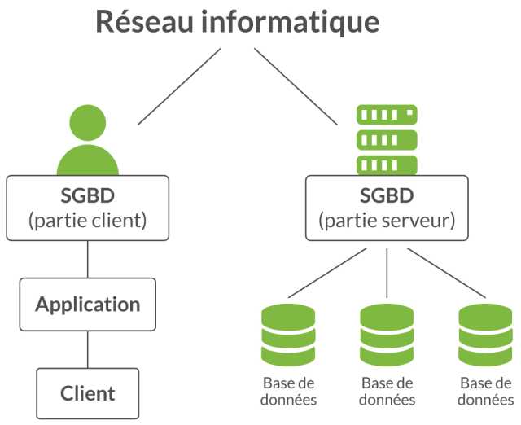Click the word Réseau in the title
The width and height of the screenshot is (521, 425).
pos(144,22)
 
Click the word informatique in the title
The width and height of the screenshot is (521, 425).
pos(291,24)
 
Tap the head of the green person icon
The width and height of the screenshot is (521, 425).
pos(88,123)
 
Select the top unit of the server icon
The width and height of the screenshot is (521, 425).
pos(387,115)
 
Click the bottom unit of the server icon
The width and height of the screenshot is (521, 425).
pos(387,164)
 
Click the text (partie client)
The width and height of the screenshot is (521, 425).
pos(88,221)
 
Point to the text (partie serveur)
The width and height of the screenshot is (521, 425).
pos(387,221)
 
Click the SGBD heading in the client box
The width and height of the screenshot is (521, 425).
pos(88,195)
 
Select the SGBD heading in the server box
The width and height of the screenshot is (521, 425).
pos(387,195)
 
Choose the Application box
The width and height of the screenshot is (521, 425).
pos(88,305)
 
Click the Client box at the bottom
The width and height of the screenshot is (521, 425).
pos(88,393)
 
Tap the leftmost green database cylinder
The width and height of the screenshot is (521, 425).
pos(288,335)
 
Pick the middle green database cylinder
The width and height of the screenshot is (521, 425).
pos(387,335)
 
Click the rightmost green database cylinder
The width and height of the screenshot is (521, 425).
pos(485,335)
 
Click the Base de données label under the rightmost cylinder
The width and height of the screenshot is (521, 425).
pos(486,392)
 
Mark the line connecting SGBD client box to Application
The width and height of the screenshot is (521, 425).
pos(88,259)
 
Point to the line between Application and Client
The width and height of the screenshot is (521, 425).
pos(88,349)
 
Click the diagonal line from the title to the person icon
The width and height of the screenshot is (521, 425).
pos(179,86)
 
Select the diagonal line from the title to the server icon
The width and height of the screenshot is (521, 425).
pos(296,86)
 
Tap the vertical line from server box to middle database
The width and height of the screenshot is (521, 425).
pos(387,273)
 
